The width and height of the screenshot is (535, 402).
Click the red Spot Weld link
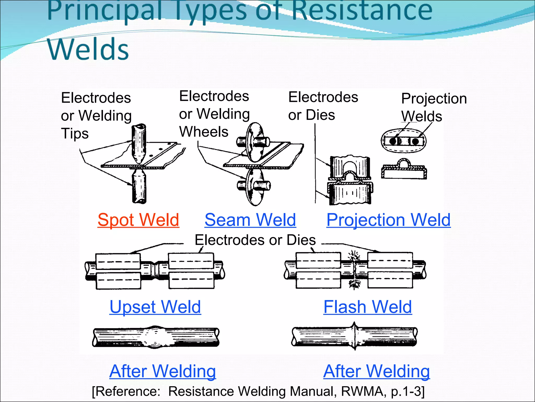(138, 220)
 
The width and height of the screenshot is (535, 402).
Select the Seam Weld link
(250, 220)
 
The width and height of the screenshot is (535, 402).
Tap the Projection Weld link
(388, 220)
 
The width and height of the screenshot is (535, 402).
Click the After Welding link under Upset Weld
(162, 371)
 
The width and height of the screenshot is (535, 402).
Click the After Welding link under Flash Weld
(376, 371)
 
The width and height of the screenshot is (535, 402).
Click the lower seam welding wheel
(253, 186)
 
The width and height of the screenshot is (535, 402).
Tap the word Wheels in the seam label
(203, 132)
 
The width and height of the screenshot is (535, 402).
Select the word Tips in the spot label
(75, 133)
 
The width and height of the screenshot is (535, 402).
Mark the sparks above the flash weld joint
(354, 255)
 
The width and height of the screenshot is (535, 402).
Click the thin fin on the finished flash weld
(354, 336)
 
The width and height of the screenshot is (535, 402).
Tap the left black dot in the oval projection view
(393, 141)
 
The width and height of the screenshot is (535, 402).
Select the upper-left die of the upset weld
(118, 261)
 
